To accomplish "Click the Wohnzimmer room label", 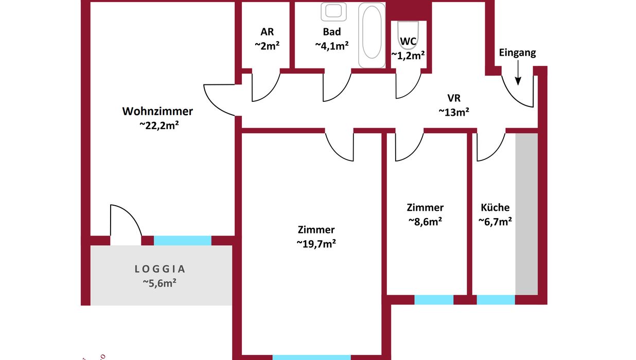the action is point(157,111).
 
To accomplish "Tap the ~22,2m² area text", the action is point(159,125).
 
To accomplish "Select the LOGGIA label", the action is point(160,269).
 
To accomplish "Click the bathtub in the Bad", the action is point(372,35).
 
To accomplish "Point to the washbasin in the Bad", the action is point(333,11).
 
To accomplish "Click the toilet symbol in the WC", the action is point(408,31).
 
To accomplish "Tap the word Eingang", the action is point(517,53).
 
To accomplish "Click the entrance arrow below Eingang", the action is point(518,73).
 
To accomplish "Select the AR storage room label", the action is point(267,32).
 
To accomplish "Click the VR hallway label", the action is point(454,98).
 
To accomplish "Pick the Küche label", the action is point(495,207).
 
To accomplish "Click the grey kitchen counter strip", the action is point(527,214).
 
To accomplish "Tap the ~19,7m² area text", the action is point(316,243).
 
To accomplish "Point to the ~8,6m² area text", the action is point(425,221).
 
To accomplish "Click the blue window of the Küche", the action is point(496,300).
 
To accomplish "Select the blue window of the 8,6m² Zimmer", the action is point(434,300).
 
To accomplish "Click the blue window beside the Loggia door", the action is point(183,241).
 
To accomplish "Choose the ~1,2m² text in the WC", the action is point(408,55).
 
